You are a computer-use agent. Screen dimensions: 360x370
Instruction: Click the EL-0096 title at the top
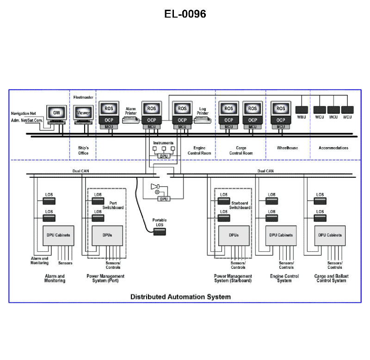pyautogui.click(x=185, y=14)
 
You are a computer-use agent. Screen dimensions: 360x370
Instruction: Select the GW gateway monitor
pyautogui.click(x=56, y=112)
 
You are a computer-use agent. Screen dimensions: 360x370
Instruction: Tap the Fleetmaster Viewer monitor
pyautogui.click(x=83, y=112)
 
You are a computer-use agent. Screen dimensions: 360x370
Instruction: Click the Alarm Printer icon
pyautogui.click(x=130, y=120)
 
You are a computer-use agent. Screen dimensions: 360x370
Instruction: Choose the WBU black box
pyautogui.click(x=301, y=110)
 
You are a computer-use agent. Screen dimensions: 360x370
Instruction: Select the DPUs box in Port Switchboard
pyautogui.click(x=107, y=235)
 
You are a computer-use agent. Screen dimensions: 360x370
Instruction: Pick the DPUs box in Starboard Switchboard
pyautogui.click(x=234, y=235)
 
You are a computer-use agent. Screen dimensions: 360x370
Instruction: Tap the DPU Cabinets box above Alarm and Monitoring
pyautogui.click(x=58, y=235)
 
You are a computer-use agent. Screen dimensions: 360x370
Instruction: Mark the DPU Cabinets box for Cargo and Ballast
pyautogui.click(x=330, y=235)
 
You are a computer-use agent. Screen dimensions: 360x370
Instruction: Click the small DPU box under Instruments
pyautogui.click(x=163, y=156)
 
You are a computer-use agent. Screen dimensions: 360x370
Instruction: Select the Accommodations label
pyautogui.click(x=333, y=148)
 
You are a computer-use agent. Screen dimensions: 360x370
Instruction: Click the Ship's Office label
pyautogui.click(x=83, y=150)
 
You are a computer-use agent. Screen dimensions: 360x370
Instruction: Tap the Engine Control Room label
pyautogui.click(x=199, y=150)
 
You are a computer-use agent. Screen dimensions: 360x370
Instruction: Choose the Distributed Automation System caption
pyautogui.click(x=180, y=297)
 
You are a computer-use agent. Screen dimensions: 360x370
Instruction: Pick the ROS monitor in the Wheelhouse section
pyautogui.click(x=281, y=109)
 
